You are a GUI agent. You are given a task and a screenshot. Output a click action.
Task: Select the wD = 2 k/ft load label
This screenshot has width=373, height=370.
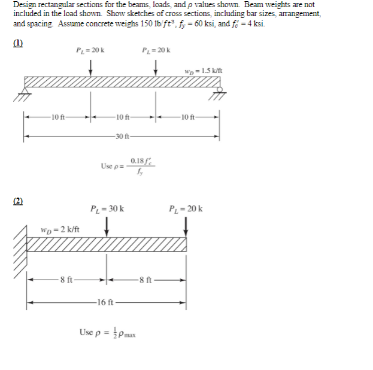(60, 229)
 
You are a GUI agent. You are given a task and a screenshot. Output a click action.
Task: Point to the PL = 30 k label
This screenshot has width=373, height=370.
(107, 209)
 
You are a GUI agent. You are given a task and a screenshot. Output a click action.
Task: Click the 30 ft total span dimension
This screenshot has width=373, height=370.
(121, 137)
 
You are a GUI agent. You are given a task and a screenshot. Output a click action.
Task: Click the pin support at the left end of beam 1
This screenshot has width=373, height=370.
(25, 93)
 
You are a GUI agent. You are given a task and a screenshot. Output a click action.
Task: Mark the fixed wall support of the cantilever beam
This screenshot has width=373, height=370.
(23, 244)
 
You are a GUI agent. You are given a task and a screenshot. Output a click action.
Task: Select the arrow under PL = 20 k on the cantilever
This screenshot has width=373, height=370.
(186, 226)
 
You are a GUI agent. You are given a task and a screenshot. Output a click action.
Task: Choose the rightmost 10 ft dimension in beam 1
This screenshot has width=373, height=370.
(187, 116)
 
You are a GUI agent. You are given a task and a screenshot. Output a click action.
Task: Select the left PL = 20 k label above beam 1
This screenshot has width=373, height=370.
(90, 49)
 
